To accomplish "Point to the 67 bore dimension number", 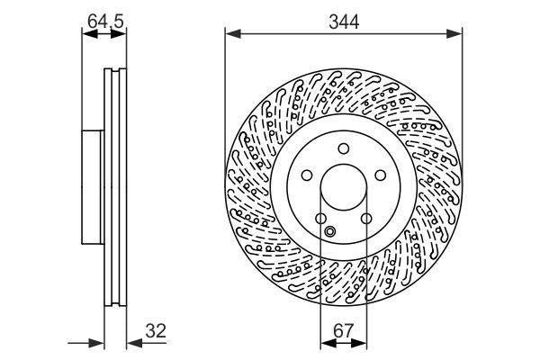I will tap(343, 329).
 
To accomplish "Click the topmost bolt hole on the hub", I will tap(343, 149).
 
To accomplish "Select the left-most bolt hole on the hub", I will tap(306, 176).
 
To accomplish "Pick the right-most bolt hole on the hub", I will tap(380, 176).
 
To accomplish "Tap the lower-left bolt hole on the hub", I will tap(320, 219).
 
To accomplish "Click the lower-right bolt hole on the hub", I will tap(366, 219).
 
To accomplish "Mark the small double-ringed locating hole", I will tap(329, 233).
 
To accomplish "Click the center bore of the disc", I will tap(343, 188).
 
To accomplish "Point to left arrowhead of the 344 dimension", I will tap(230, 34).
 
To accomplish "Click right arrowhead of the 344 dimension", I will tap(456, 34).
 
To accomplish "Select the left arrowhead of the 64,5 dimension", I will tap(87, 34).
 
